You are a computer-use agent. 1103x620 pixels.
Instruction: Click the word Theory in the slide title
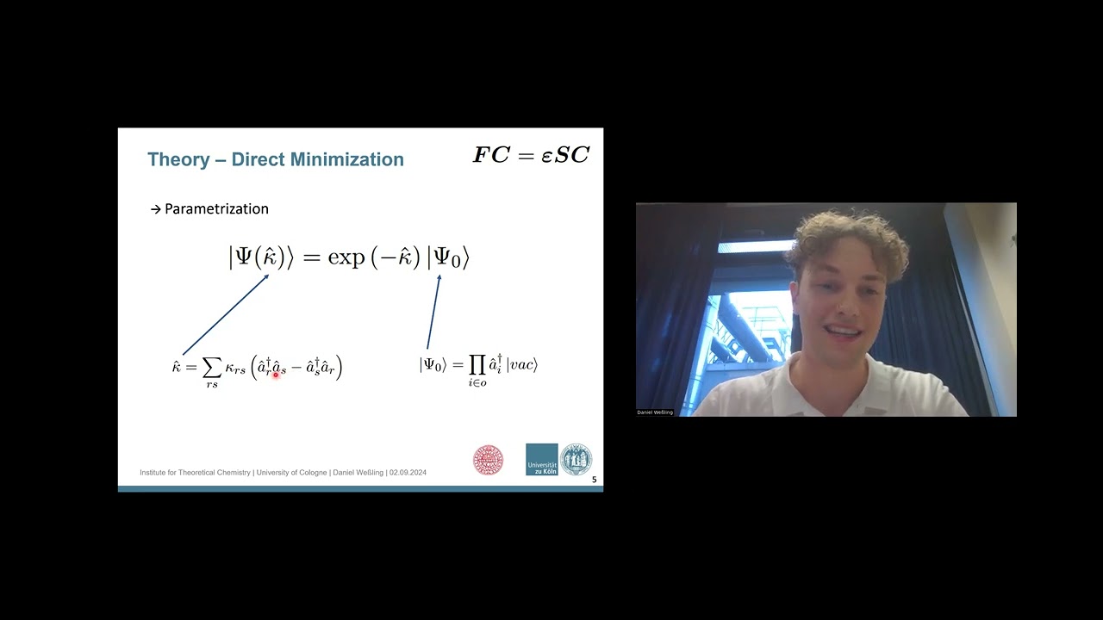click(x=178, y=159)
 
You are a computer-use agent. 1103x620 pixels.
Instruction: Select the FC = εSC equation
click(x=531, y=156)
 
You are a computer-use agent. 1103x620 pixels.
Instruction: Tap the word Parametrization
click(x=216, y=209)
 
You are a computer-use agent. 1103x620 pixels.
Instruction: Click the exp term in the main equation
click(x=346, y=257)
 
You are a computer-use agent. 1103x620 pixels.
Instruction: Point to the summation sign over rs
click(x=211, y=368)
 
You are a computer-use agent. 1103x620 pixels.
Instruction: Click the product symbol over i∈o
click(x=477, y=365)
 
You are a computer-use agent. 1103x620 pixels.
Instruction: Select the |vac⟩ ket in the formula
click(x=522, y=365)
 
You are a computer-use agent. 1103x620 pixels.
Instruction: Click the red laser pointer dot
click(x=276, y=374)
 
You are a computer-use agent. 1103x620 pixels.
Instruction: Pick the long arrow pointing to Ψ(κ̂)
click(x=226, y=314)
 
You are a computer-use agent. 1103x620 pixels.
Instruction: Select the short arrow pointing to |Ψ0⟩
click(x=433, y=312)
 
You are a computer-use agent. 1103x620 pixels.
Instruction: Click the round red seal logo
click(x=488, y=460)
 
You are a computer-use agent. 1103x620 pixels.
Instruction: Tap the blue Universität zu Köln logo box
click(x=542, y=460)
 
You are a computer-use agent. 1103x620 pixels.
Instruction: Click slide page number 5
click(x=594, y=480)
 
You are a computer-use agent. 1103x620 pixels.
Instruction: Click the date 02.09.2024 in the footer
click(x=408, y=473)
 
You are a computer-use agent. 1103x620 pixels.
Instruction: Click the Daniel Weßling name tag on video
click(x=655, y=412)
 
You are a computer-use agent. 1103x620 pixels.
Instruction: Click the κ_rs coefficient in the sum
click(x=235, y=369)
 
